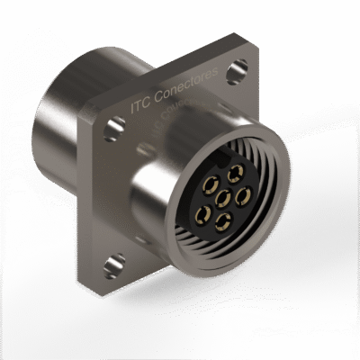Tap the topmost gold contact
(236, 174)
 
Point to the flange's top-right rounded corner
(251, 54)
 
